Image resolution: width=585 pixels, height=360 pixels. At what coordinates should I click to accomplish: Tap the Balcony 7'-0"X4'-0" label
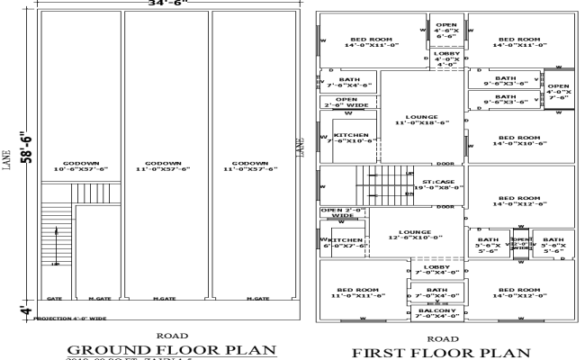436,313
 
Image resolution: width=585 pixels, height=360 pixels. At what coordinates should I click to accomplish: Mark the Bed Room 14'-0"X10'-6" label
519,139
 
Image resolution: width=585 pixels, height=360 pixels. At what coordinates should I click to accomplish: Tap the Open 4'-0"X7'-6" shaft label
559,92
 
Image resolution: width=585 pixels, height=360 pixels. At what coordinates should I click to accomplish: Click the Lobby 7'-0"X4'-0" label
436,271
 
